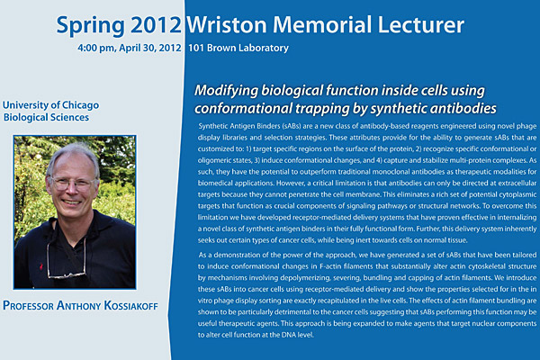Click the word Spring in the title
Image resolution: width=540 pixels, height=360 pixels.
(90, 26)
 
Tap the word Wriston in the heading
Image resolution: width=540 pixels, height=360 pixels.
(227, 25)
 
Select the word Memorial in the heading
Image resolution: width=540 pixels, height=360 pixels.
(322, 25)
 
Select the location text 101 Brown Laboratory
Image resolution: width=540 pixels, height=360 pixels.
(238, 48)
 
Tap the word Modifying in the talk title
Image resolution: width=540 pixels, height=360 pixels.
(226, 91)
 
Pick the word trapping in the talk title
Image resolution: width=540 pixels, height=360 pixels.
(321, 109)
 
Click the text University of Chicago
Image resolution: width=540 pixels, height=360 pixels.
(50, 105)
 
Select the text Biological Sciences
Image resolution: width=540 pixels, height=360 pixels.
(46, 118)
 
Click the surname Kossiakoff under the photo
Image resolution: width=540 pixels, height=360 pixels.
(130, 306)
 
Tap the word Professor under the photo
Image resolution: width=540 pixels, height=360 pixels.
(28, 306)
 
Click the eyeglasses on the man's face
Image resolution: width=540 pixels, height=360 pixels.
(72, 184)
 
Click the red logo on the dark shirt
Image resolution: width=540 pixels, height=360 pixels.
(41, 266)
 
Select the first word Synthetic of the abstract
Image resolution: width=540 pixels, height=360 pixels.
(211, 126)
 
